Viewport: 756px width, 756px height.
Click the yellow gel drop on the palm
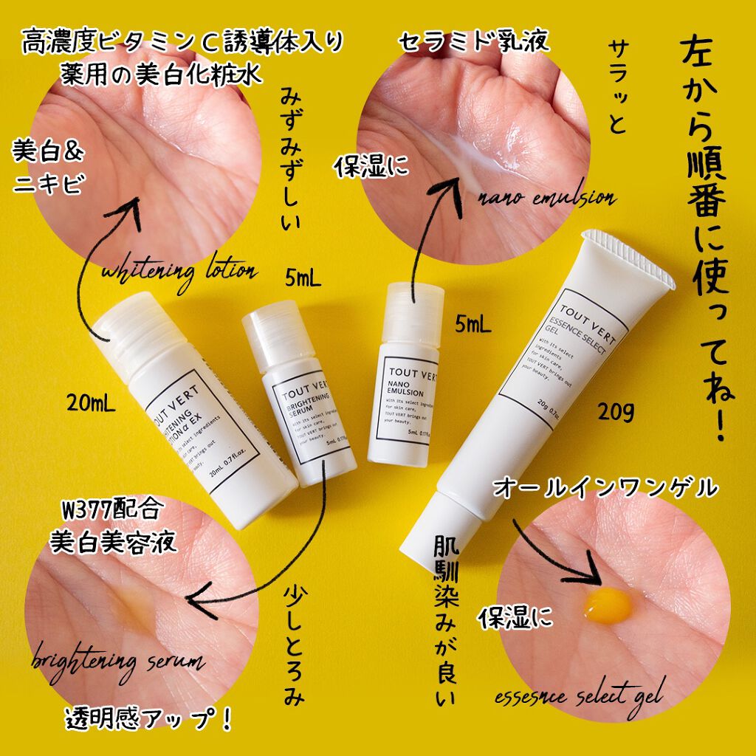point(608,606)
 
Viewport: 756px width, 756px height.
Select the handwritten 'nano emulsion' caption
point(546,198)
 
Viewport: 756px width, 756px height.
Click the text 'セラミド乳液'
point(474,41)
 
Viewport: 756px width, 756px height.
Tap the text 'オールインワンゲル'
point(605,488)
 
